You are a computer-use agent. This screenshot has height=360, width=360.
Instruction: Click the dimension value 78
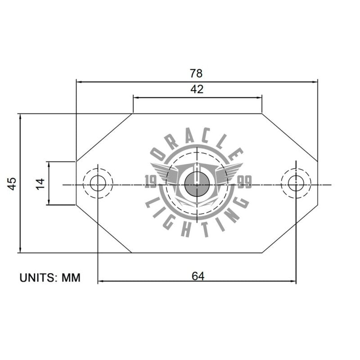(x=197, y=73)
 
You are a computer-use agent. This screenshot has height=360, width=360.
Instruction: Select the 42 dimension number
(x=197, y=89)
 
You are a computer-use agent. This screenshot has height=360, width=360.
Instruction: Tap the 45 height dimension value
(x=12, y=183)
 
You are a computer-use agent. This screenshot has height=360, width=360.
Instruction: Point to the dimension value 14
(x=40, y=183)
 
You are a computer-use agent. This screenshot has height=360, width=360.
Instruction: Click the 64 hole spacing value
(x=198, y=276)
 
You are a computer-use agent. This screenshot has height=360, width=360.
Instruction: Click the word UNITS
(x=39, y=278)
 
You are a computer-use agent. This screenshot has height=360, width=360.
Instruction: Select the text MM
(x=71, y=278)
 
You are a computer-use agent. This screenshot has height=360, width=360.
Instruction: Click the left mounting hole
(x=98, y=183)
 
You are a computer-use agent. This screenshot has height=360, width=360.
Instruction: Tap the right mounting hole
(x=296, y=183)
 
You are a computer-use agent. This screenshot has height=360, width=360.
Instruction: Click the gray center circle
(x=197, y=184)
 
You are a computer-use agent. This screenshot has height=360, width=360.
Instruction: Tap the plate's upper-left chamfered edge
(x=104, y=137)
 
